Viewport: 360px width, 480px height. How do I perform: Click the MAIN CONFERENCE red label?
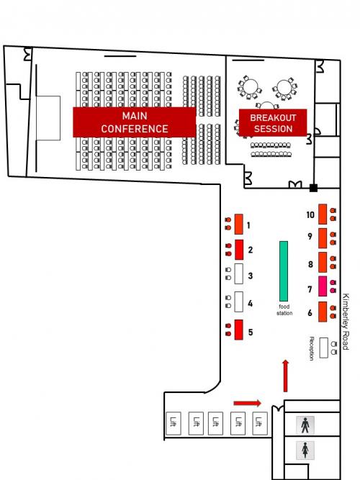pos(135,122)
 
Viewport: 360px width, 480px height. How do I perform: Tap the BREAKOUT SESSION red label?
pos(273,123)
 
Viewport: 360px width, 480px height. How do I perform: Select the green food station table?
pos(284,271)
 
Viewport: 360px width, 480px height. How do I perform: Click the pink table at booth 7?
pos(323,286)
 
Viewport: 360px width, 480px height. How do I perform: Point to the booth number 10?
pos(310,214)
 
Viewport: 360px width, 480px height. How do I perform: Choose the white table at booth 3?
pos(238,273)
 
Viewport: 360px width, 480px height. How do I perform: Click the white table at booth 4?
pos(238,302)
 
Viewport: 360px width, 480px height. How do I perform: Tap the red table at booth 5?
pos(238,330)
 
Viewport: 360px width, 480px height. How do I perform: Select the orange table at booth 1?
pos(238,224)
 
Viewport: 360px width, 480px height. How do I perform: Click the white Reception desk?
pos(323,348)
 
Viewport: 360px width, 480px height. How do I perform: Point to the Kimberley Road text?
pos(346,322)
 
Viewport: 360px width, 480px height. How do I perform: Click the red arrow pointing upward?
pos(286,376)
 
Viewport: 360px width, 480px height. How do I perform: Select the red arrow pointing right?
pos(248,403)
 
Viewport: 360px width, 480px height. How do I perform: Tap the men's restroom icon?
pos(305,425)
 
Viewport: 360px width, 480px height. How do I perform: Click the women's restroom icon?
pos(305,450)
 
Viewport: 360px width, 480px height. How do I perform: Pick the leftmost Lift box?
pos(174,423)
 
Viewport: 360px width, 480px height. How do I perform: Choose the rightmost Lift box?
pos(259,423)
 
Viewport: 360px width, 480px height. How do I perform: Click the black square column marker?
pos(313,188)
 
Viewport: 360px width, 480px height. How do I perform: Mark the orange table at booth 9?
pos(323,238)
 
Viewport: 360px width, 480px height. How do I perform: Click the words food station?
pos(284,309)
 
